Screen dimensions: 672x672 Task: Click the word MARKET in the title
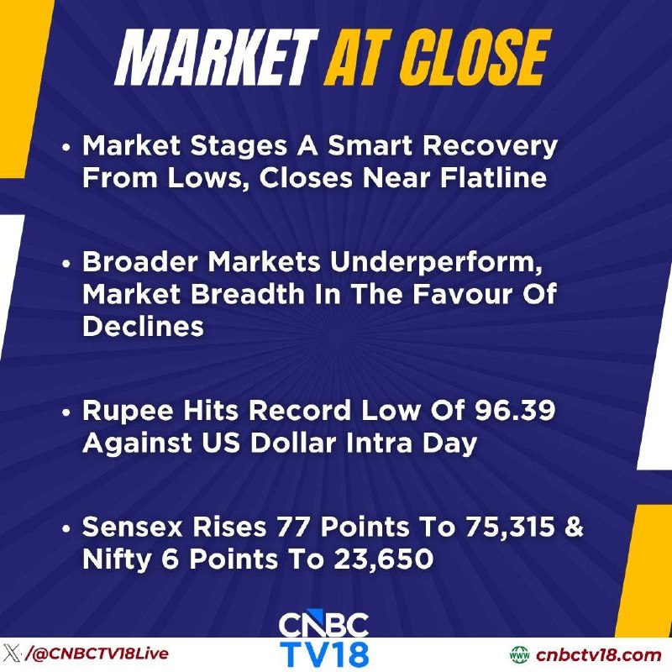pyautogui.click(x=217, y=57)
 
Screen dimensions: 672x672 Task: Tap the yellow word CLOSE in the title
pyautogui.click(x=475, y=57)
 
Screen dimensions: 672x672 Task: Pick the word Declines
pyautogui.click(x=143, y=326)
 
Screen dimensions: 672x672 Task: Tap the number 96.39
pyautogui.click(x=515, y=411)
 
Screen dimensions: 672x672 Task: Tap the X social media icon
pyautogui.click(x=11, y=654)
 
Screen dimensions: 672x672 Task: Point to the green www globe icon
pyautogui.click(x=520, y=655)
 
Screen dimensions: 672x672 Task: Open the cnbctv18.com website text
pyautogui.click(x=598, y=655)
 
